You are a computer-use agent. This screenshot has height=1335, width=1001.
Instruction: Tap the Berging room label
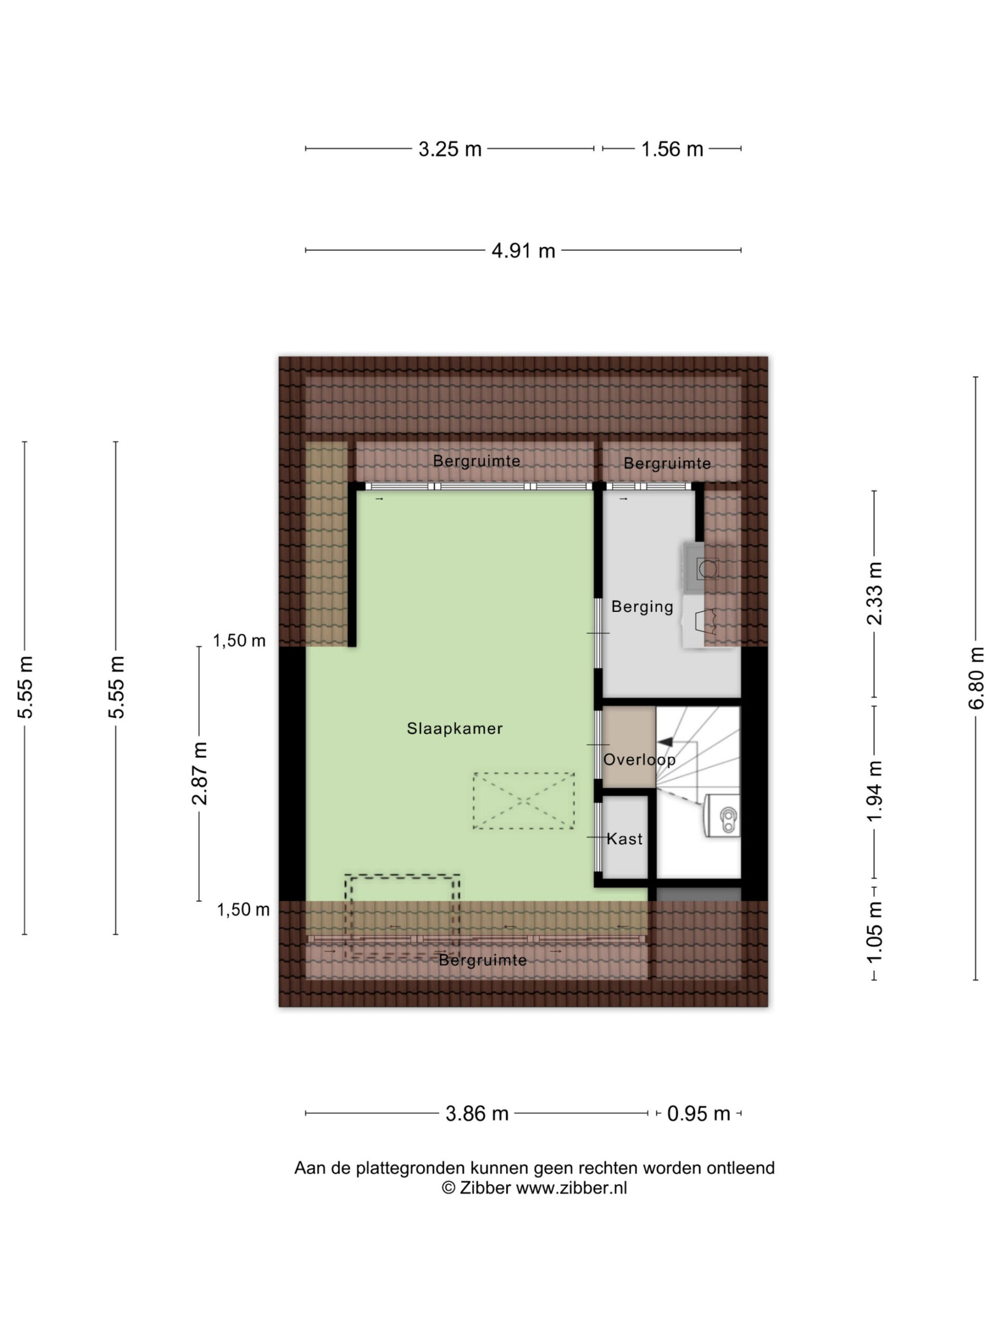pyautogui.click(x=642, y=607)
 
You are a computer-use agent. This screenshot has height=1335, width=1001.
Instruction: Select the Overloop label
pyautogui.click(x=639, y=759)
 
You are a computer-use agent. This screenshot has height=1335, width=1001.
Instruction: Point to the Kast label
pyautogui.click(x=625, y=839)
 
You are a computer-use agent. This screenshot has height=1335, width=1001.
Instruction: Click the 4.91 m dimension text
pyautogui.click(x=523, y=250)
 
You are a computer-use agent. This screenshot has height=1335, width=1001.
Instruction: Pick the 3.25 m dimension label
pyautogui.click(x=450, y=149)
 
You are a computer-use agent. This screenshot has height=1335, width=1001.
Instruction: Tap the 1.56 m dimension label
pyautogui.click(x=672, y=149)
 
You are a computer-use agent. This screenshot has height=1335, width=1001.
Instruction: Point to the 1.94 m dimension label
pyautogui.click(x=875, y=791)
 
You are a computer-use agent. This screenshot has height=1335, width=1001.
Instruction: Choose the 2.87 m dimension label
pyautogui.click(x=200, y=774)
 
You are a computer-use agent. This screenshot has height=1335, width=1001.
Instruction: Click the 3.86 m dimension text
pyautogui.click(x=477, y=1113)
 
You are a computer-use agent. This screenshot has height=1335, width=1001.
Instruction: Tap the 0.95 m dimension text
pyautogui.click(x=698, y=1113)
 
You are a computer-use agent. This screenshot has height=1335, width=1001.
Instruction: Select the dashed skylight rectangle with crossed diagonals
pyautogui.click(x=523, y=801)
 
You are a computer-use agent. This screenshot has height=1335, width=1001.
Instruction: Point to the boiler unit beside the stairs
pyautogui.click(x=722, y=816)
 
